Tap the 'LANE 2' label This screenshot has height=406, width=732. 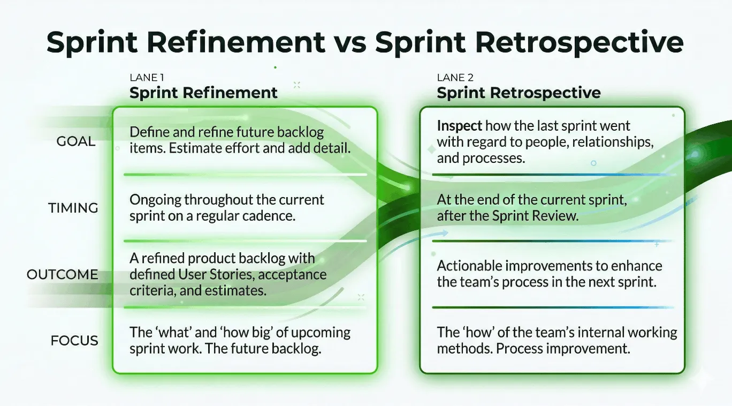click(x=455, y=78)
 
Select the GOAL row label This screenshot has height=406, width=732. click(x=76, y=141)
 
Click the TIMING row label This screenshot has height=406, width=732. click(x=73, y=208)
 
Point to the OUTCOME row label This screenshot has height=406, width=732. click(x=63, y=274)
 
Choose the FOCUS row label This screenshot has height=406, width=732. click(x=74, y=341)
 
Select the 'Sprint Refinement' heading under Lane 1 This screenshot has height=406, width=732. click(x=203, y=93)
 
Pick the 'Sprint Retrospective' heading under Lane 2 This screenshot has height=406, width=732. click(x=518, y=93)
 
